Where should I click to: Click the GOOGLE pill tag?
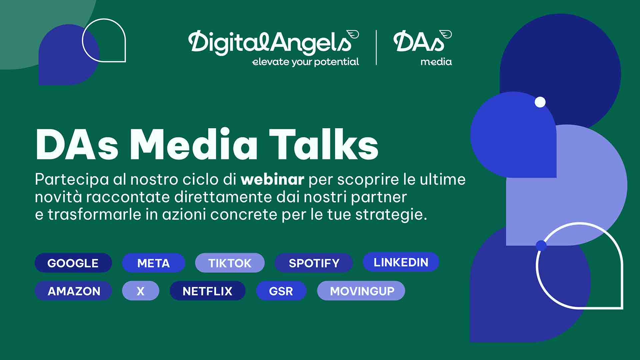tap(73, 263)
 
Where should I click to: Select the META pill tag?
tap(153, 263)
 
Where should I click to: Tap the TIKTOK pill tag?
tap(230, 263)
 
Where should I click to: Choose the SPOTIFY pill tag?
tap(314, 263)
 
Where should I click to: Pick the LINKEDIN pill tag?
tap(401, 262)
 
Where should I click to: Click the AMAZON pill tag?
tap(73, 291)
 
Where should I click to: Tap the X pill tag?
tap(141, 291)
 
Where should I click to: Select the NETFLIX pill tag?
tap(207, 291)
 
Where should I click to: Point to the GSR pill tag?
tap(281, 291)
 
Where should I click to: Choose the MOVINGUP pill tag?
tap(361, 291)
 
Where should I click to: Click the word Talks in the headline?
tap(324, 144)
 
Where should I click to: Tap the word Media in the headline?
tap(194, 144)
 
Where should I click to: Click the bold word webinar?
tap(272, 179)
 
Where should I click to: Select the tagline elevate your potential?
tap(305, 62)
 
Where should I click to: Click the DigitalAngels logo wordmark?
tap(273, 42)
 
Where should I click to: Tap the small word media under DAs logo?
tap(436, 62)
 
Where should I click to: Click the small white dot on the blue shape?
tap(540, 102)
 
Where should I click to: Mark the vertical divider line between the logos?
tap(376, 48)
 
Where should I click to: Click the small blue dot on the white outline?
tap(541, 246)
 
